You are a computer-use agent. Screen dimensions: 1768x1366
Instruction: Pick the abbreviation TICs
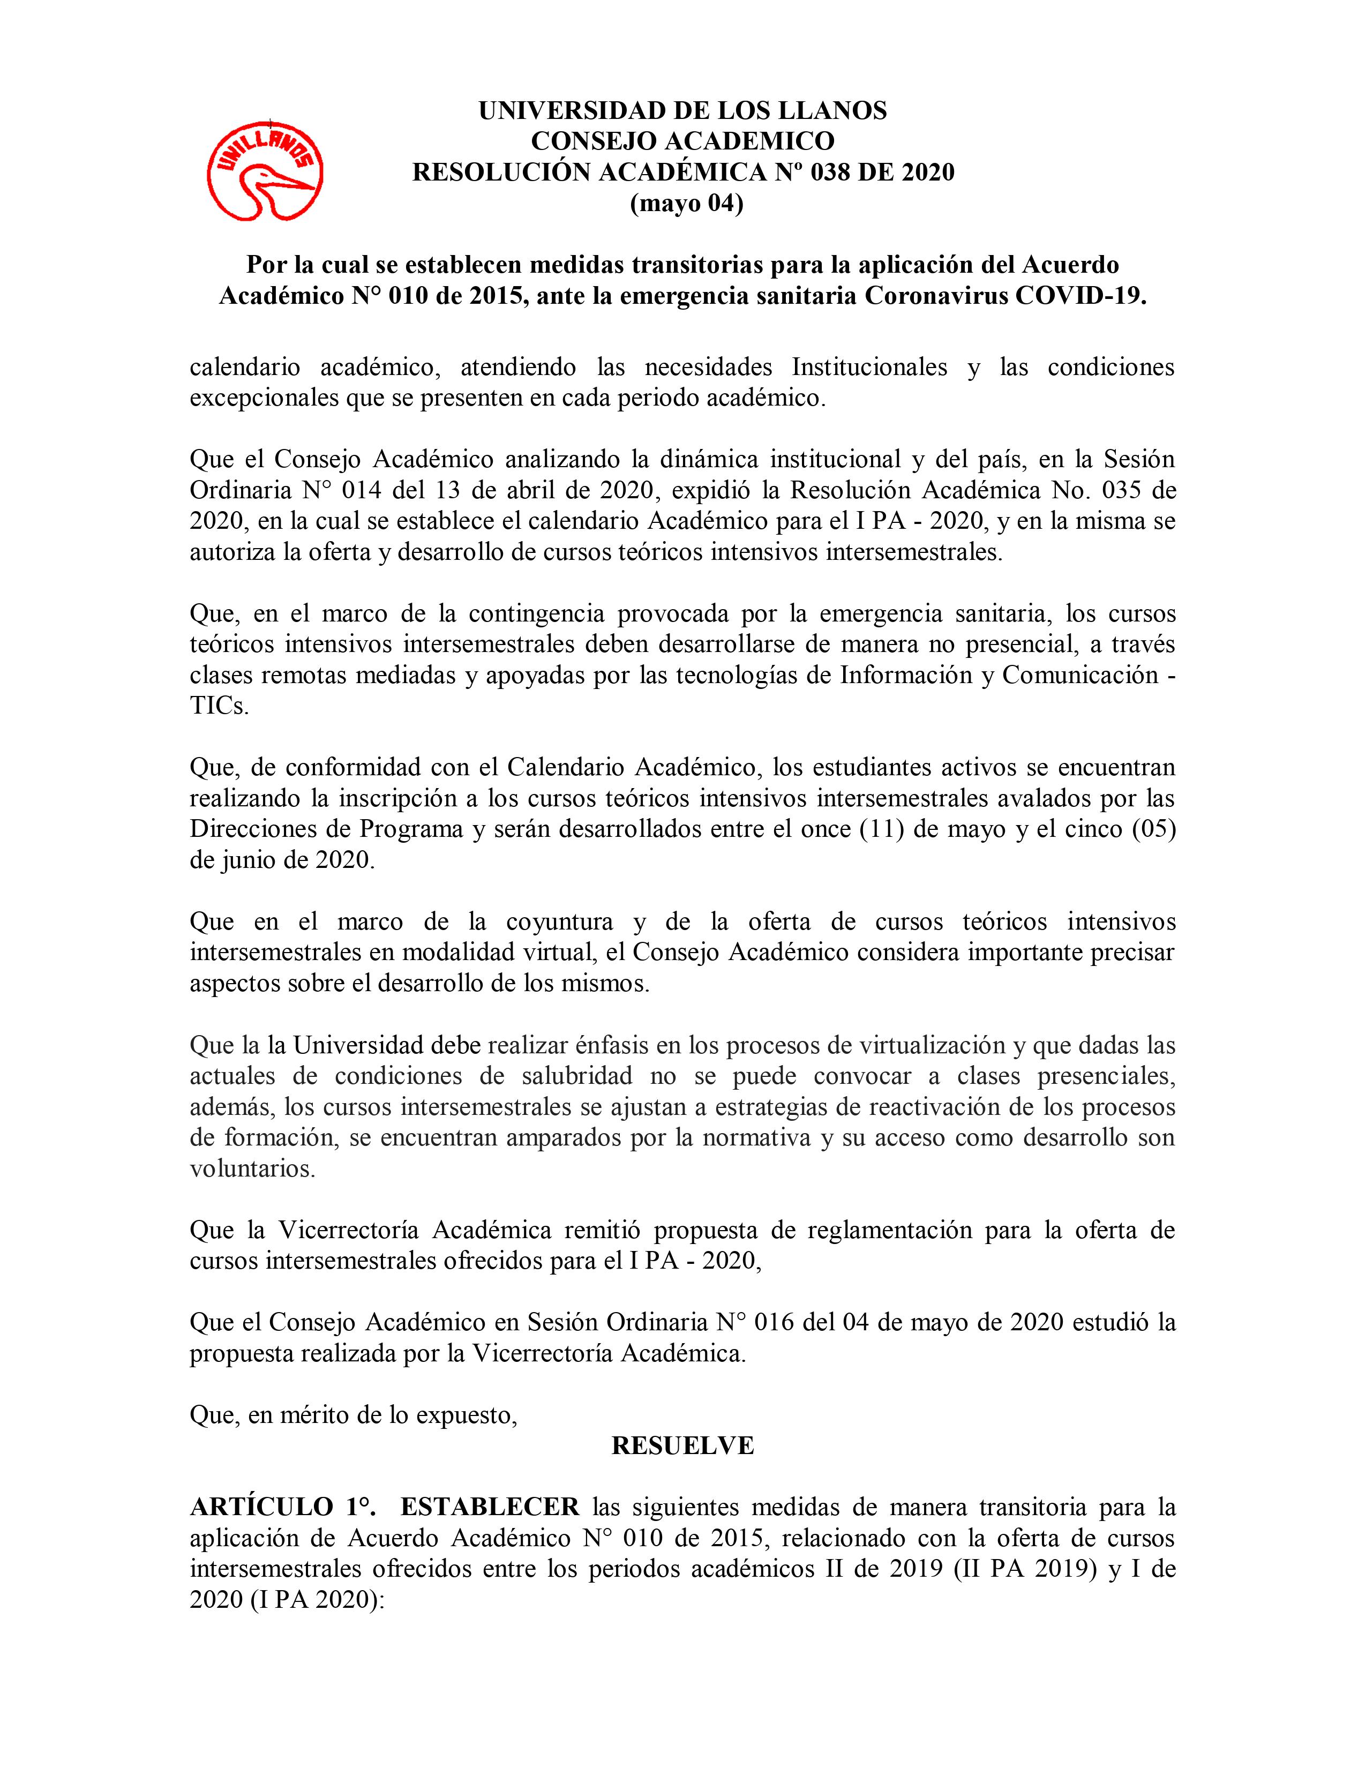click(x=219, y=706)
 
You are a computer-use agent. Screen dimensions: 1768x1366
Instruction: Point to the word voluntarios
click(x=252, y=1168)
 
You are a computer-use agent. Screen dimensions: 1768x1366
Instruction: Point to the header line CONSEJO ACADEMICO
click(x=682, y=141)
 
